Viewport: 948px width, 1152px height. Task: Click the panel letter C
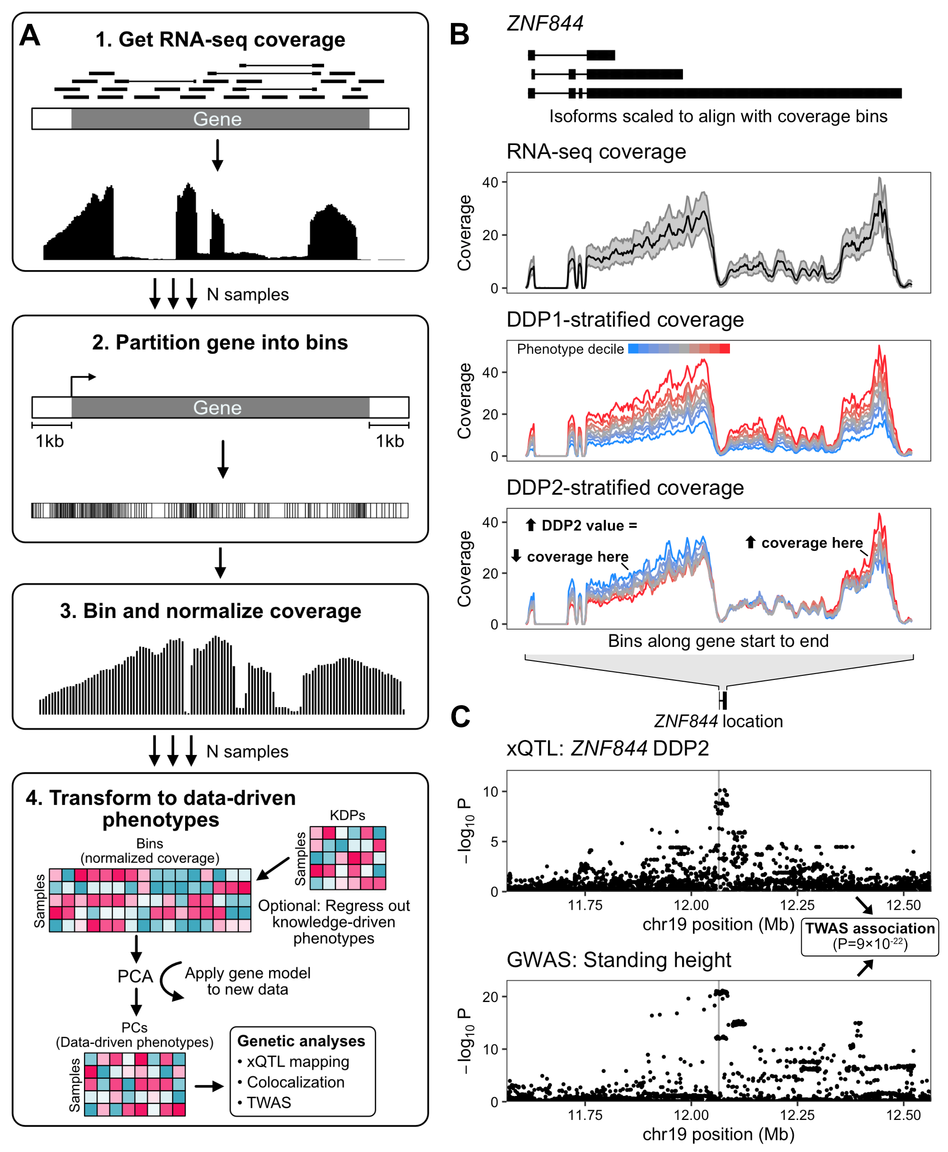coord(460,716)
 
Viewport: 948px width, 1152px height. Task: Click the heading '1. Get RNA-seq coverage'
coord(220,40)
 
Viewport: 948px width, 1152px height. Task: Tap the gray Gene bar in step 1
coord(220,118)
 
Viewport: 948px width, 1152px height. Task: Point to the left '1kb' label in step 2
coord(50,441)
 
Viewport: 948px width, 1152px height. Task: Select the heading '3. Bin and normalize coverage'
coord(211,611)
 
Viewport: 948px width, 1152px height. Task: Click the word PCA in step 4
coord(135,976)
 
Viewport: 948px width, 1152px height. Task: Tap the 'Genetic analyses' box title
coord(301,1041)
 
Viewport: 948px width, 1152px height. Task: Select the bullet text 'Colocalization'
coord(295,1082)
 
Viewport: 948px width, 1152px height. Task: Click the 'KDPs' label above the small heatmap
coord(347,815)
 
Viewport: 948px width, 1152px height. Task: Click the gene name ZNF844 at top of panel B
coord(545,23)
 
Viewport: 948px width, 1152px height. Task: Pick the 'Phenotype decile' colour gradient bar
coord(679,349)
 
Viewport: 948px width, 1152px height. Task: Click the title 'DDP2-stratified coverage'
coord(625,487)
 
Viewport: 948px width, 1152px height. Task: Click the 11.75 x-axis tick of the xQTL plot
coord(585,905)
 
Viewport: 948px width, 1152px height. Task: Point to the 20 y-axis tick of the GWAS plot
coord(490,997)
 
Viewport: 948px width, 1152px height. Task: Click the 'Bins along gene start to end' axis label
coord(718,641)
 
